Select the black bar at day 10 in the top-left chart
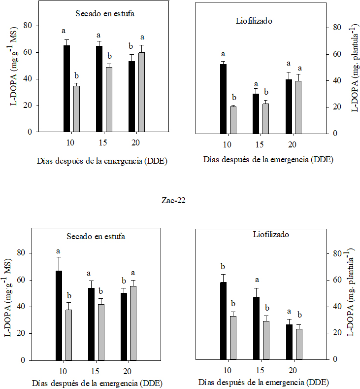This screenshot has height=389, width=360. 66,89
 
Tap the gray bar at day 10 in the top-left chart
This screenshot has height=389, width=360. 76,109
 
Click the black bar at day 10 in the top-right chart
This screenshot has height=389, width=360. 223,99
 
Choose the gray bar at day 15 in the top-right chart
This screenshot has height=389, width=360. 265,118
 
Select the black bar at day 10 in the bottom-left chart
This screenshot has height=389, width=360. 59,316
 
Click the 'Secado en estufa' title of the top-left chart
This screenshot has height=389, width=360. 105,14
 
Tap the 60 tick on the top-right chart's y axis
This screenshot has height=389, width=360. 337,54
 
